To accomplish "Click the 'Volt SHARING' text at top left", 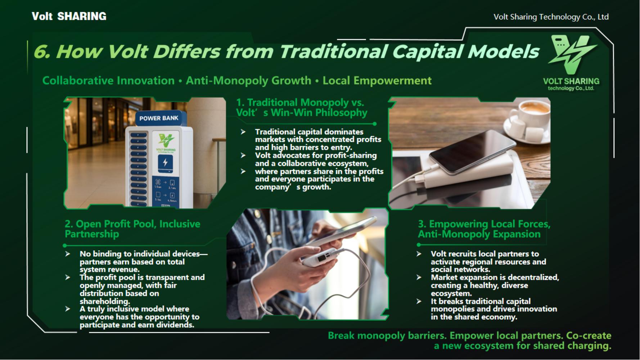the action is click(69, 16).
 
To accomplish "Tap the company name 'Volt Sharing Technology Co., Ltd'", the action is click(551, 17).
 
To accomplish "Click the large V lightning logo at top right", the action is click(572, 54).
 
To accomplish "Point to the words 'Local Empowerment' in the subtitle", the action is click(377, 81).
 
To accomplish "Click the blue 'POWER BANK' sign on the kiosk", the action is click(159, 118).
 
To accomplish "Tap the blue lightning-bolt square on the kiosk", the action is click(165, 163).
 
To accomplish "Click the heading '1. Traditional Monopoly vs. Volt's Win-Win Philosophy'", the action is click(302, 108).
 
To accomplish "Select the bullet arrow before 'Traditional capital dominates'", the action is click(243, 132).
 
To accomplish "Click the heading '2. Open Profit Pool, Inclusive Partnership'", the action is click(132, 229).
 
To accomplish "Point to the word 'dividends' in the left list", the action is click(176, 325).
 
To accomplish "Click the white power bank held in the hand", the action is click(319, 257).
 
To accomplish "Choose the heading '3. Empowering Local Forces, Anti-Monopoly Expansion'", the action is click(484, 229).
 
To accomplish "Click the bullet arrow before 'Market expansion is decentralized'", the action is click(419, 278).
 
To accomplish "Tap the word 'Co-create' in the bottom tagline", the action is click(589, 336).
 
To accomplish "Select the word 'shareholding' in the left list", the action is click(104, 302).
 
